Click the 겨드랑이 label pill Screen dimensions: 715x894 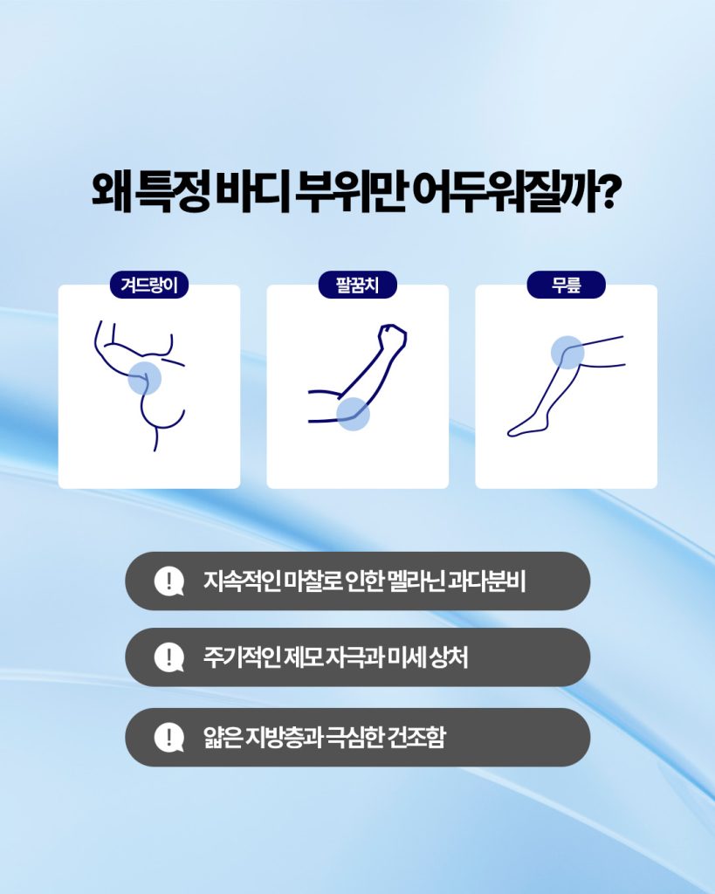point(148,285)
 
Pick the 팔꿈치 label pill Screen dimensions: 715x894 point(358,285)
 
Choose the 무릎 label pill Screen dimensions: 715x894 point(566,285)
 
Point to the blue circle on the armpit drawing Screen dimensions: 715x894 point(144,378)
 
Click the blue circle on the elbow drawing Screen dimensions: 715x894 point(353,413)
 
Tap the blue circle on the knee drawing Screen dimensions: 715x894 point(567,353)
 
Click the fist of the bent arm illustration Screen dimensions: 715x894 point(393,337)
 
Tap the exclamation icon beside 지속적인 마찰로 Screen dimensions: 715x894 point(168,581)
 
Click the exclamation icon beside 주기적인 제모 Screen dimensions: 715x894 point(168,657)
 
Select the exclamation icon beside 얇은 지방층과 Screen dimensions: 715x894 point(168,737)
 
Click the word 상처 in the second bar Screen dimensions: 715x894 point(449,657)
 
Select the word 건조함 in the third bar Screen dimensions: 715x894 point(416,737)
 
